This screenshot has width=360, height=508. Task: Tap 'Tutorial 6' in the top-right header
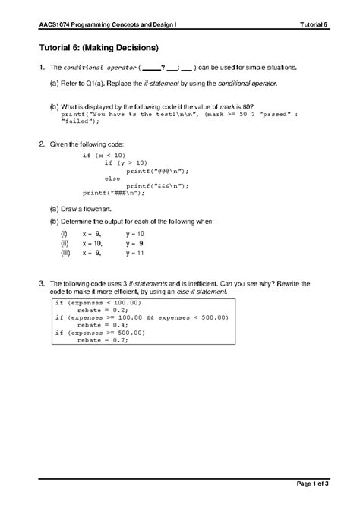313,25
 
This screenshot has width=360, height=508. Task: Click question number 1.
41,68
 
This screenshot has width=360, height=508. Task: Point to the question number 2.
41,144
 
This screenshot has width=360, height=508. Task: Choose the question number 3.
41,283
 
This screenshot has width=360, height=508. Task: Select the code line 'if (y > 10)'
128,163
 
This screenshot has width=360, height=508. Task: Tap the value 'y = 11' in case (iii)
134,254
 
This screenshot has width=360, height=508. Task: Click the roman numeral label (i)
65,233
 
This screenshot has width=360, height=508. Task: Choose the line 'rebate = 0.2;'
103,310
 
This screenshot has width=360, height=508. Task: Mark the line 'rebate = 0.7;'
103,340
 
